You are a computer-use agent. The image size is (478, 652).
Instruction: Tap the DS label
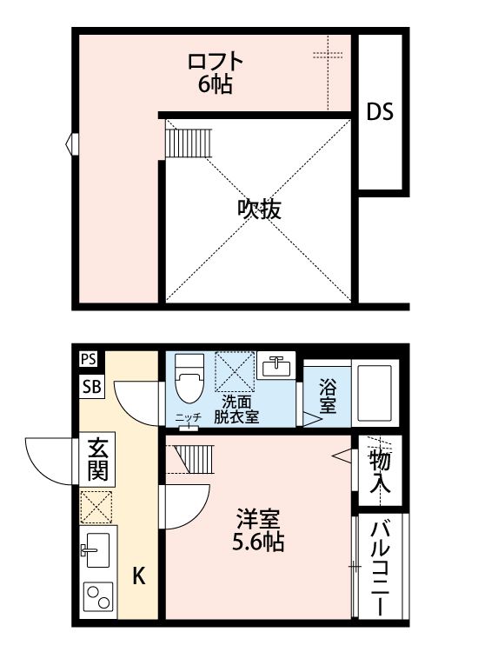380,112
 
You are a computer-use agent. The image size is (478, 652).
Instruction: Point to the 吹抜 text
259,210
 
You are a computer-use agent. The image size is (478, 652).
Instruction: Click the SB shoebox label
91,388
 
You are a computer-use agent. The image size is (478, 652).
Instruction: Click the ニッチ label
188,418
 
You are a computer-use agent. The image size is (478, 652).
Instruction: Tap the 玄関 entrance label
96,462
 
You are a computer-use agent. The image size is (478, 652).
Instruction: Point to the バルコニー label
381,567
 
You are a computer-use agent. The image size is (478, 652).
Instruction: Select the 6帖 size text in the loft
215,85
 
